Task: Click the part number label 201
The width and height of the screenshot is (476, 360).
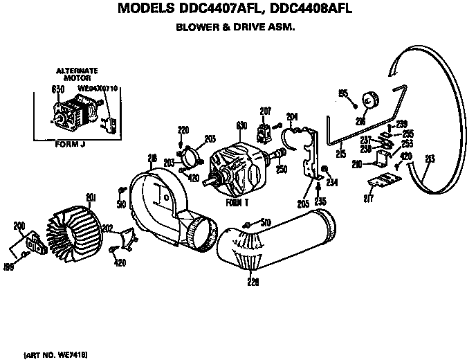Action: pos(89,198)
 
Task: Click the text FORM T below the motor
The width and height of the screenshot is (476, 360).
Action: pos(237,204)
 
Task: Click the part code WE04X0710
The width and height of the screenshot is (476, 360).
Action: pos(99,89)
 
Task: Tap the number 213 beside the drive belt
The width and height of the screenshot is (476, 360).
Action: pos(430,159)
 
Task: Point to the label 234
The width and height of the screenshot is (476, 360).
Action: pos(332,182)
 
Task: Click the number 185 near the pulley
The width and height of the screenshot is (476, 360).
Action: pos(342,92)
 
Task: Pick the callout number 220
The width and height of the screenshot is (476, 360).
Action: pos(183,129)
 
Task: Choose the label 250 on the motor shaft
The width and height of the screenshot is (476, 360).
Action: pos(280,168)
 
